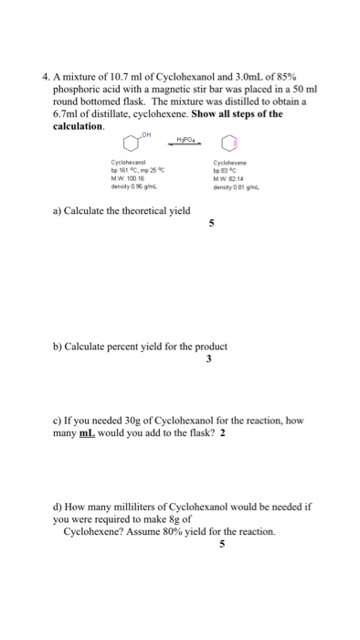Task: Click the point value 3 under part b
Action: [209, 357]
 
